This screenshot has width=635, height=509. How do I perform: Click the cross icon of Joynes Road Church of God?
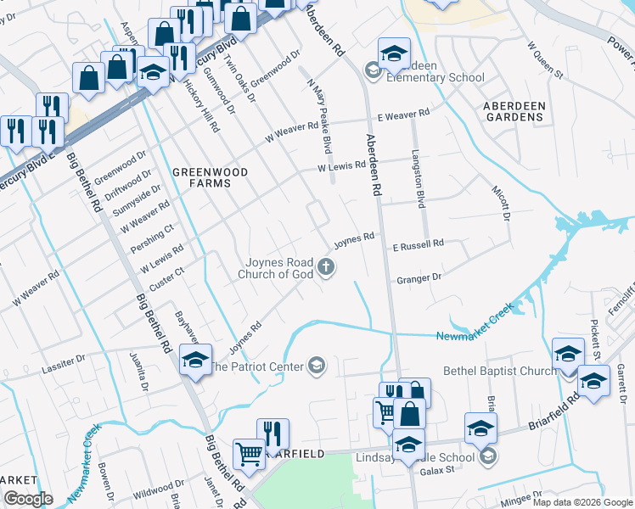325,268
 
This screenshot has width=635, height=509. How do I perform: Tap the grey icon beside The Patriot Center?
317,366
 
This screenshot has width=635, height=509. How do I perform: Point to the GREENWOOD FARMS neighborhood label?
211,177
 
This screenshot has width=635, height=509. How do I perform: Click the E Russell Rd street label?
418,244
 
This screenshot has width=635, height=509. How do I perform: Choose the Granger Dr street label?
419,277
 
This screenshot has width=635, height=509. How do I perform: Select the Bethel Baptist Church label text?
499,372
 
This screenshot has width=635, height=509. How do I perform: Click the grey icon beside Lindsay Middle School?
488,457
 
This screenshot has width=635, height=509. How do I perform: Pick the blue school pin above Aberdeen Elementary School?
394,54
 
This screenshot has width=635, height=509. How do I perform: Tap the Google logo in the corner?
27,499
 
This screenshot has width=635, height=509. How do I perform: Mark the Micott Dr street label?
500,200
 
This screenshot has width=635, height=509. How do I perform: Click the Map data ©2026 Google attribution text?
582,502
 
